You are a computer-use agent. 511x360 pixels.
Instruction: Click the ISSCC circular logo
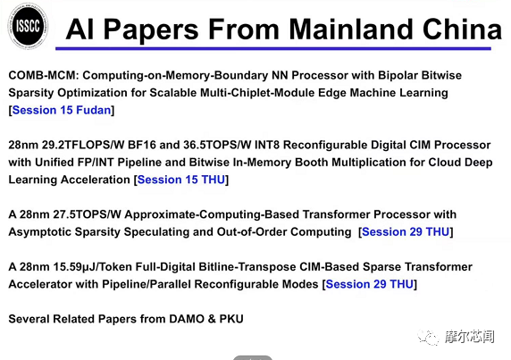tap(28, 26)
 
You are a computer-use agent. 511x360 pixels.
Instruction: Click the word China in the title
tap(462, 29)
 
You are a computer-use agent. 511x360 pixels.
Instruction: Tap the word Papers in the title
tap(151, 30)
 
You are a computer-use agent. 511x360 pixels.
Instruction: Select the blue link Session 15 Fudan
tap(62, 110)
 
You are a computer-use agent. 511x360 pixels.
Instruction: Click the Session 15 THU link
tap(181, 180)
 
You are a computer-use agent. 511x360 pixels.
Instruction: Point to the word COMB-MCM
tap(44, 75)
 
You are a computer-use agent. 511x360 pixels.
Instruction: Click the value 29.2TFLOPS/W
tap(83, 145)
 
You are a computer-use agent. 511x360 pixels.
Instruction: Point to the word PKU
tap(231, 319)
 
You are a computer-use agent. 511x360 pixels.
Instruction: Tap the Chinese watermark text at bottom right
tap(470, 337)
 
